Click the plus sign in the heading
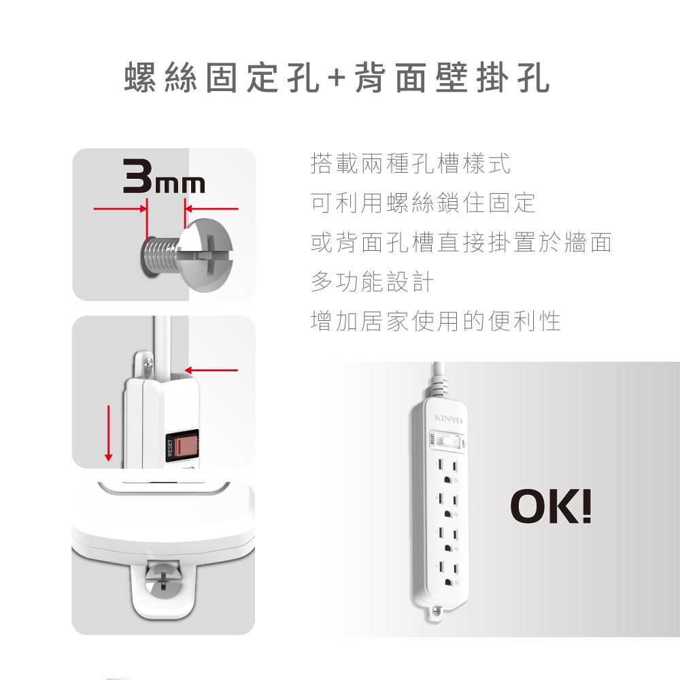[x=336, y=78]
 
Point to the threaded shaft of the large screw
[x=160, y=255]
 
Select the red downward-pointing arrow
[x=108, y=433]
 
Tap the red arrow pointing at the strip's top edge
[x=211, y=371]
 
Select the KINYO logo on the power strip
[x=448, y=419]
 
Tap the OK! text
[x=551, y=506]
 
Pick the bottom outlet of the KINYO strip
[x=447, y=573]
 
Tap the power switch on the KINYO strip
[x=446, y=441]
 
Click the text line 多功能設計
[x=372, y=282]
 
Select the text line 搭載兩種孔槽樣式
[x=410, y=163]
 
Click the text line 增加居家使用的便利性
[x=435, y=321]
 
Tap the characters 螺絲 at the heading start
[x=160, y=78]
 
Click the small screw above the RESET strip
[x=148, y=363]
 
